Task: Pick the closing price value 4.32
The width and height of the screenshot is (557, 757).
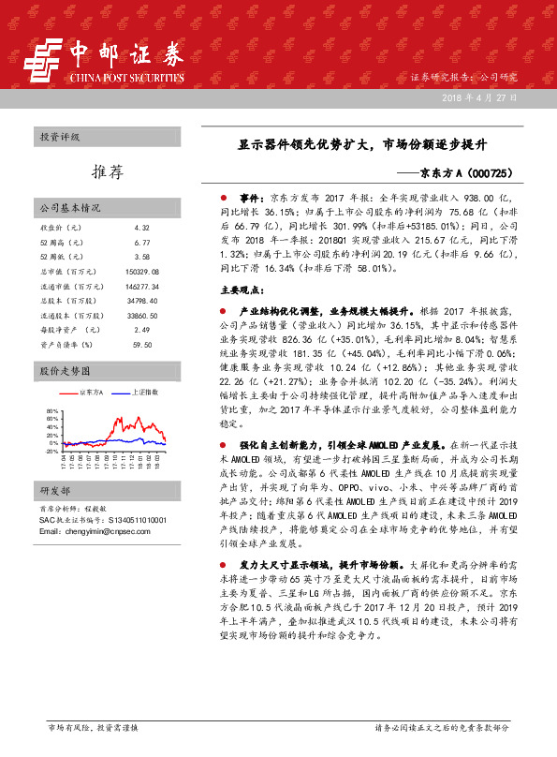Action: coord(142,228)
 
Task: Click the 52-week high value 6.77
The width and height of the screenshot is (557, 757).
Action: coord(142,242)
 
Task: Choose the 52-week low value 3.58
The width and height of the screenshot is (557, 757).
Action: coord(142,256)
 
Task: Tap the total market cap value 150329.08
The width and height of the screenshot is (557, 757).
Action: coord(142,270)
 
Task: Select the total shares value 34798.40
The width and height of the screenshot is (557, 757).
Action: coord(142,300)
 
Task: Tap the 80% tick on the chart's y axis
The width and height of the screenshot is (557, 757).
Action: coord(52,411)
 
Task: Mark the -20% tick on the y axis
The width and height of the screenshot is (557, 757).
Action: coord(51,451)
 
